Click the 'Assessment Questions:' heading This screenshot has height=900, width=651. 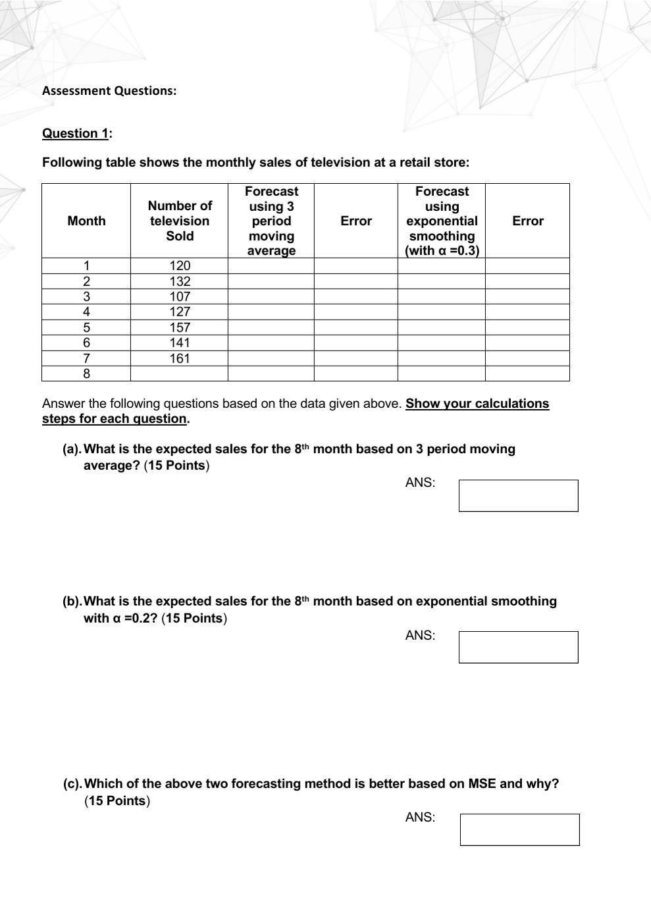pyautogui.click(x=109, y=91)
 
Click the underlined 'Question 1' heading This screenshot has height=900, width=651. pyautogui.click(x=75, y=133)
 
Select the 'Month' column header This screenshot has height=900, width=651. pyautogui.click(x=86, y=221)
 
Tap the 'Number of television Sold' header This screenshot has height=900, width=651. pyautogui.click(x=179, y=221)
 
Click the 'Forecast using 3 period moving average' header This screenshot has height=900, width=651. pyautogui.click(x=271, y=221)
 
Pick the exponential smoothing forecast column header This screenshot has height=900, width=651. pyautogui.click(x=442, y=221)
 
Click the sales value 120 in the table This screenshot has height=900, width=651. pyautogui.click(x=179, y=266)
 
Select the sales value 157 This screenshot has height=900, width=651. pyautogui.click(x=179, y=327)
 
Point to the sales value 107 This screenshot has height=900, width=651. pyautogui.click(x=179, y=296)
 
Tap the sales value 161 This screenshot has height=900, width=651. pyautogui.click(x=179, y=358)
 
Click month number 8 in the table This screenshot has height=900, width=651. pyautogui.click(x=86, y=374)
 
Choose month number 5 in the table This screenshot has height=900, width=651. pyautogui.click(x=86, y=327)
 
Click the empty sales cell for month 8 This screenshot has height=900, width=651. pyautogui.click(x=179, y=374)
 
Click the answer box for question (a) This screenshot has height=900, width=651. pyautogui.click(x=518, y=495)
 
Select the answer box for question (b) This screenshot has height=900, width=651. pyautogui.click(x=518, y=647)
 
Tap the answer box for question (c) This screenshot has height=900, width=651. pyautogui.click(x=519, y=830)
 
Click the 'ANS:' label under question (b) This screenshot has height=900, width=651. pyautogui.click(x=420, y=636)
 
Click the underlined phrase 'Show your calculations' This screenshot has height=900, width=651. pyautogui.click(x=477, y=403)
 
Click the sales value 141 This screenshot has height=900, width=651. pyautogui.click(x=179, y=343)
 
